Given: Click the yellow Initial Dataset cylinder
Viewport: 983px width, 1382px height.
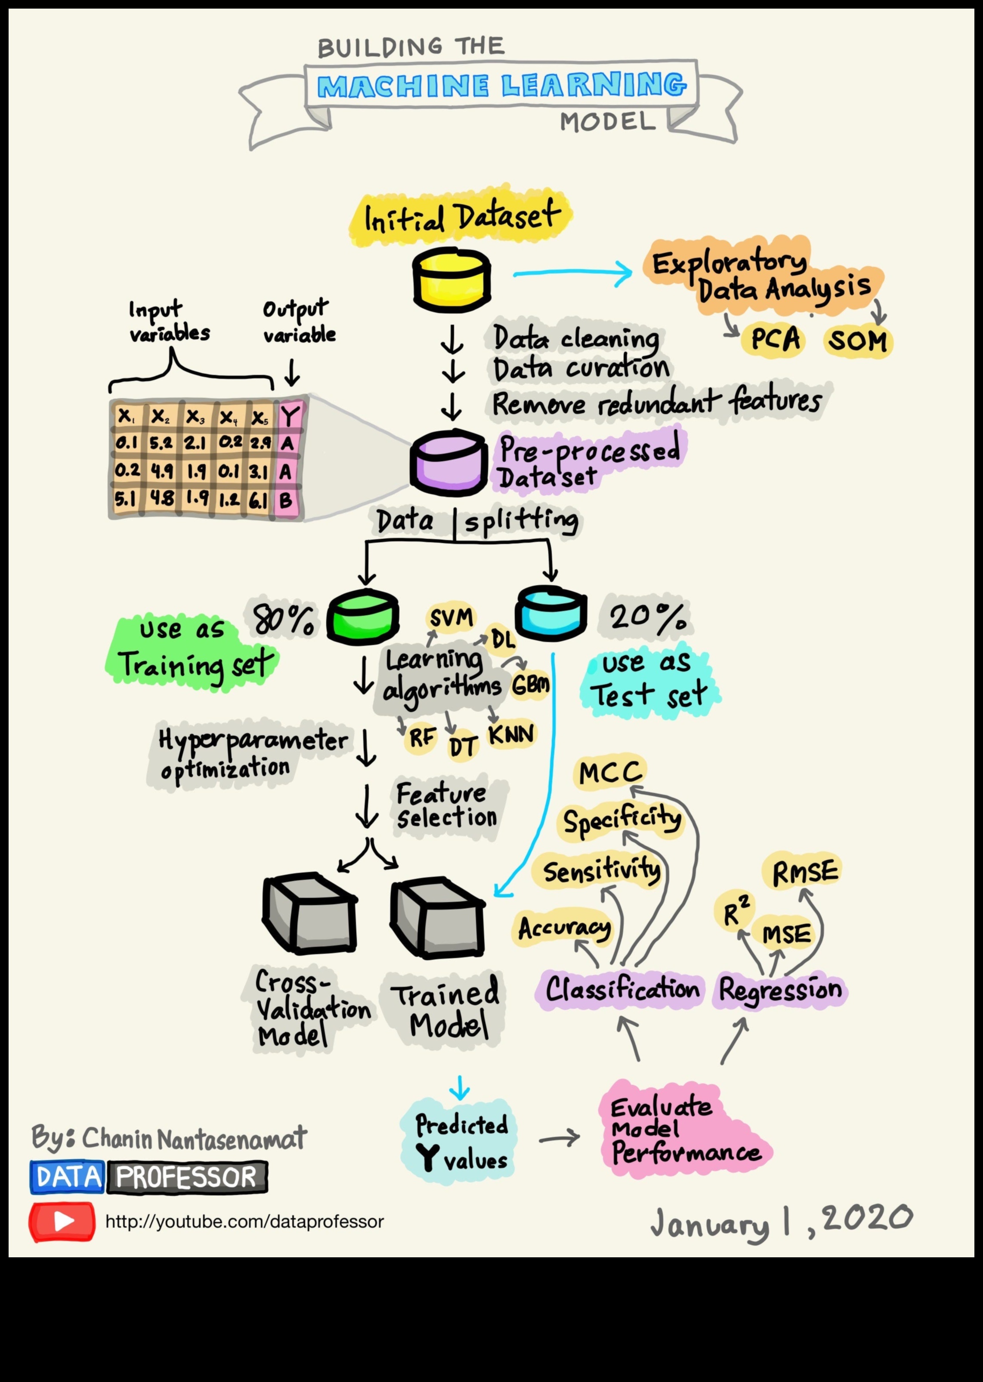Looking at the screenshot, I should [x=451, y=279].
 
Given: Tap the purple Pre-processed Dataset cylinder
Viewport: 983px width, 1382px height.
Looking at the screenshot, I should [x=448, y=462].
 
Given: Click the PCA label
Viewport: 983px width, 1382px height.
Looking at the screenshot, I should [x=775, y=339].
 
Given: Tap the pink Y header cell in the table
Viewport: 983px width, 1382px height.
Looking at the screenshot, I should [x=289, y=417].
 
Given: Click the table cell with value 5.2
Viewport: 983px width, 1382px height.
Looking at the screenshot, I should [x=161, y=443].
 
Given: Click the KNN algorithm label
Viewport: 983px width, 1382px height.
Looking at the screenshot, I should [x=511, y=735].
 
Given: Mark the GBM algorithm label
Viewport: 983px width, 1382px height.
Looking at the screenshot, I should [x=530, y=685].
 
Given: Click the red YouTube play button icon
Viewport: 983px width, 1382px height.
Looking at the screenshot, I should [x=62, y=1221].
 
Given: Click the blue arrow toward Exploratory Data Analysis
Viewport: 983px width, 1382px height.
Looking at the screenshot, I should [x=572, y=273].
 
